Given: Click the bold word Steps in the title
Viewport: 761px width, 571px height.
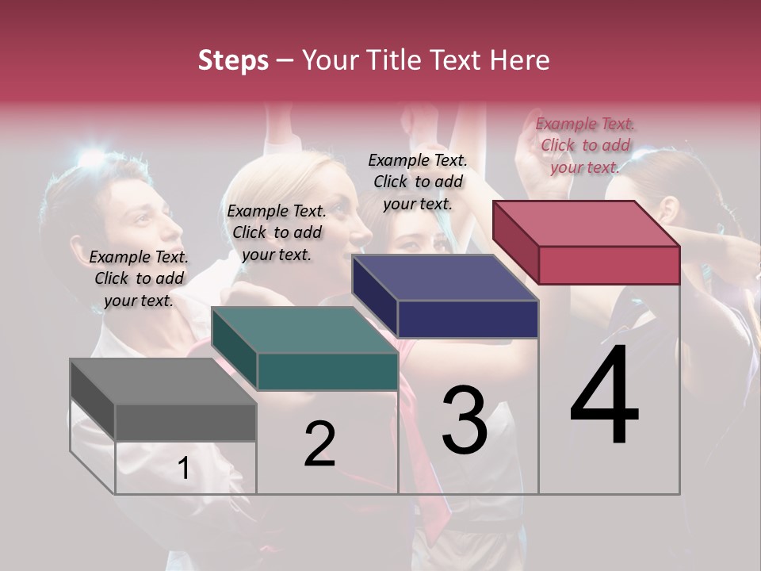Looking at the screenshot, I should [x=233, y=60].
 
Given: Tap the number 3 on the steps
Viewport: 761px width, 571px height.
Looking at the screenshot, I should [x=464, y=420].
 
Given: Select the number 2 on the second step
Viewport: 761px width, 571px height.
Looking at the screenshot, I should [x=319, y=444].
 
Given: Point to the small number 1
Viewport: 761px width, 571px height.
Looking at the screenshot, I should [x=183, y=468].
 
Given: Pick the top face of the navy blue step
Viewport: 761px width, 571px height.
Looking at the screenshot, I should [x=444, y=278].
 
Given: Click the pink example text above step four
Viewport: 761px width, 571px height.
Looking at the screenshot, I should [x=585, y=145].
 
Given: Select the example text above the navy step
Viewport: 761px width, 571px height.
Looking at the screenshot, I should [x=418, y=182].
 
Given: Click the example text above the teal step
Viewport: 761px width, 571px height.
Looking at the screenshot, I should [x=277, y=232].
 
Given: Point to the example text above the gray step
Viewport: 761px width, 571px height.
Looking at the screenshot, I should [x=139, y=278].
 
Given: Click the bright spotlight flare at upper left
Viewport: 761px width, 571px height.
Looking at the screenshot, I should [x=90, y=159].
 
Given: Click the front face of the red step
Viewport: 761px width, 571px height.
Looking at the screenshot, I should [x=609, y=265].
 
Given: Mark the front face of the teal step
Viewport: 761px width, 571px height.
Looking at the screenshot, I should [x=327, y=371].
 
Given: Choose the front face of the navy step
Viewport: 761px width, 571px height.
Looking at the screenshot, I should [x=468, y=320].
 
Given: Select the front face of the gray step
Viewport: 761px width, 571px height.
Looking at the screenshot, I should [x=185, y=423].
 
